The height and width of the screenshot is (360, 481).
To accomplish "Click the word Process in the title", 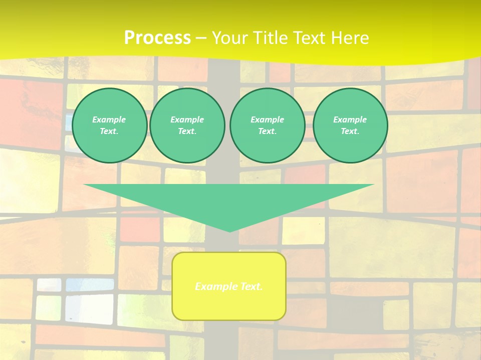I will (157, 38).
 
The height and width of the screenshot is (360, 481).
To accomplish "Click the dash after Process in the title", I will (201, 38).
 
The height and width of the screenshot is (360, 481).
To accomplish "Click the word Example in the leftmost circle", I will (109, 119).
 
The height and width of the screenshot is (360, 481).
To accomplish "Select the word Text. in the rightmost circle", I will (350, 131).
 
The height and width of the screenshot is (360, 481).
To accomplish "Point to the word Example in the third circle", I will (267, 119).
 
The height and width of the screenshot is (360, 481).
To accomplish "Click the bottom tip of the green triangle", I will (229, 231).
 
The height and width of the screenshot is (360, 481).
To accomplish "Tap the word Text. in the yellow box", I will (252, 286).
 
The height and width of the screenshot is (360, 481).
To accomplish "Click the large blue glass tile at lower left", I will (82, 308).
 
